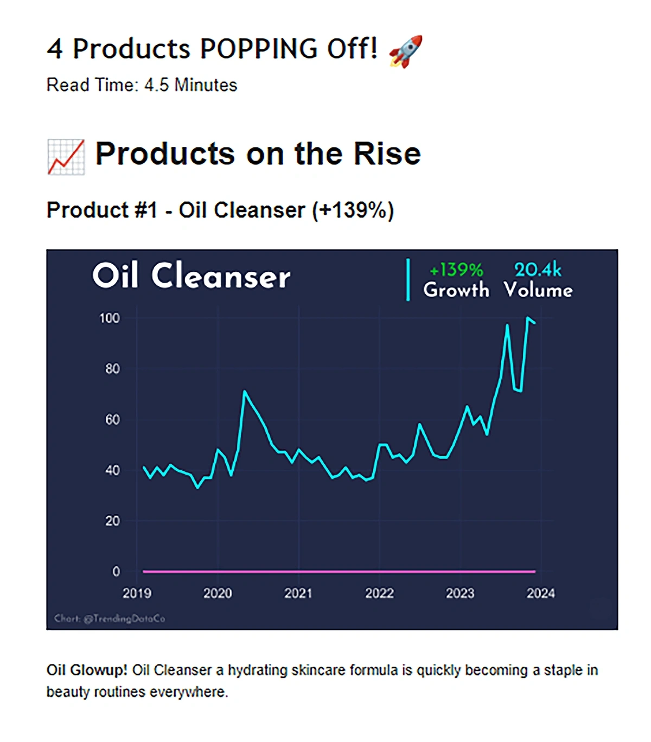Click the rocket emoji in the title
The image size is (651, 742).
click(x=405, y=51)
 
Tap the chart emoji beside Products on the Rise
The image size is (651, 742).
click(x=66, y=157)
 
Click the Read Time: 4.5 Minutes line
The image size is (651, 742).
click(x=142, y=85)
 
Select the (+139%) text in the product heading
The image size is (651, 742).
click(x=353, y=210)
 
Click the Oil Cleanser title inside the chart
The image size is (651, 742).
click(x=191, y=276)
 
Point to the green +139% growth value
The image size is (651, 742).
click(x=456, y=270)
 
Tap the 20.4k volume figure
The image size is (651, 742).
click(x=537, y=270)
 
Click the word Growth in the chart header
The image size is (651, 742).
click(x=456, y=290)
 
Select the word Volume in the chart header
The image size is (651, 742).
click(x=538, y=290)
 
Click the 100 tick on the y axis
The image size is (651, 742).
click(x=110, y=318)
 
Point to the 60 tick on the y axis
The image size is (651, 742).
click(x=112, y=419)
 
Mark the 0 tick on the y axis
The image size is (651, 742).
click(x=116, y=571)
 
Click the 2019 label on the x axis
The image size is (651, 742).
click(x=137, y=593)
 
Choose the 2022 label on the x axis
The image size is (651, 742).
click(x=379, y=593)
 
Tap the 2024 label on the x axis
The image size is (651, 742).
click(x=540, y=593)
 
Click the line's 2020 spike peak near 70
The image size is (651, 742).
click(x=245, y=391)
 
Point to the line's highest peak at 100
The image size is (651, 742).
click(x=527, y=318)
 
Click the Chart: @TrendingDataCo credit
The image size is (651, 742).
click(x=110, y=618)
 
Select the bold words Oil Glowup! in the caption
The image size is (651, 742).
click(x=87, y=670)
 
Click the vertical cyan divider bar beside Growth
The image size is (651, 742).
click(x=408, y=280)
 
